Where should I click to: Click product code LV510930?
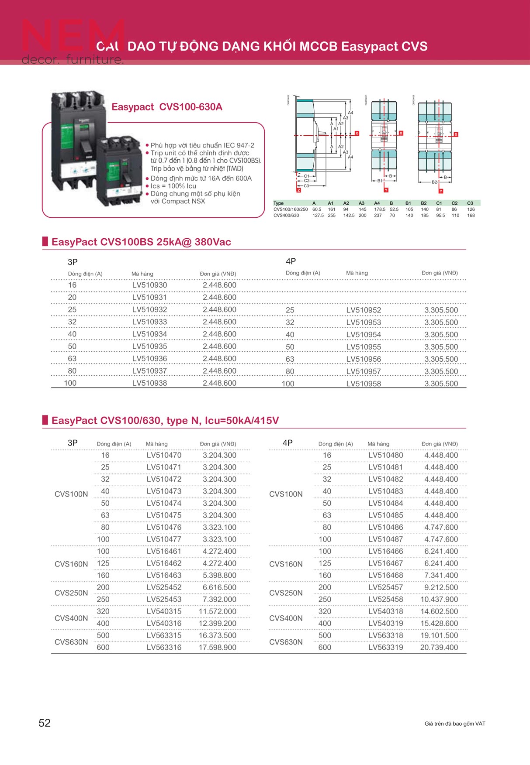point(149,285)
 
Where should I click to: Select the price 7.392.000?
point(219,599)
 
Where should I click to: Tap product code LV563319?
point(385,647)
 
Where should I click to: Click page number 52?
point(45,723)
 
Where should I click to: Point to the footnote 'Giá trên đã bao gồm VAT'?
point(454,724)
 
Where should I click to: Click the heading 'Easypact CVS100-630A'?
point(167,107)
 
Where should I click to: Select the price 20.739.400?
point(439,647)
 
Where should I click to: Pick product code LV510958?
point(364,384)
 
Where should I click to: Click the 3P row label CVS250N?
point(71,593)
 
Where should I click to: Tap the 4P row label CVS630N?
point(286,642)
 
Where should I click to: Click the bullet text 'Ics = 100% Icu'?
point(173,186)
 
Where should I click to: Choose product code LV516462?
point(164,563)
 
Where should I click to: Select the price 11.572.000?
point(218,611)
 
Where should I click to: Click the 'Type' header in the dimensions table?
point(278,203)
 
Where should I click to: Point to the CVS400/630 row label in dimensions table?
point(286,215)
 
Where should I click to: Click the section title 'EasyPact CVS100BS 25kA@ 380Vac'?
point(141,242)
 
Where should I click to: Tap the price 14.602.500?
point(439,611)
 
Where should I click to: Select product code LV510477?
point(164,539)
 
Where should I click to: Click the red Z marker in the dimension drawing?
point(299,190)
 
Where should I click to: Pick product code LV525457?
point(385,587)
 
